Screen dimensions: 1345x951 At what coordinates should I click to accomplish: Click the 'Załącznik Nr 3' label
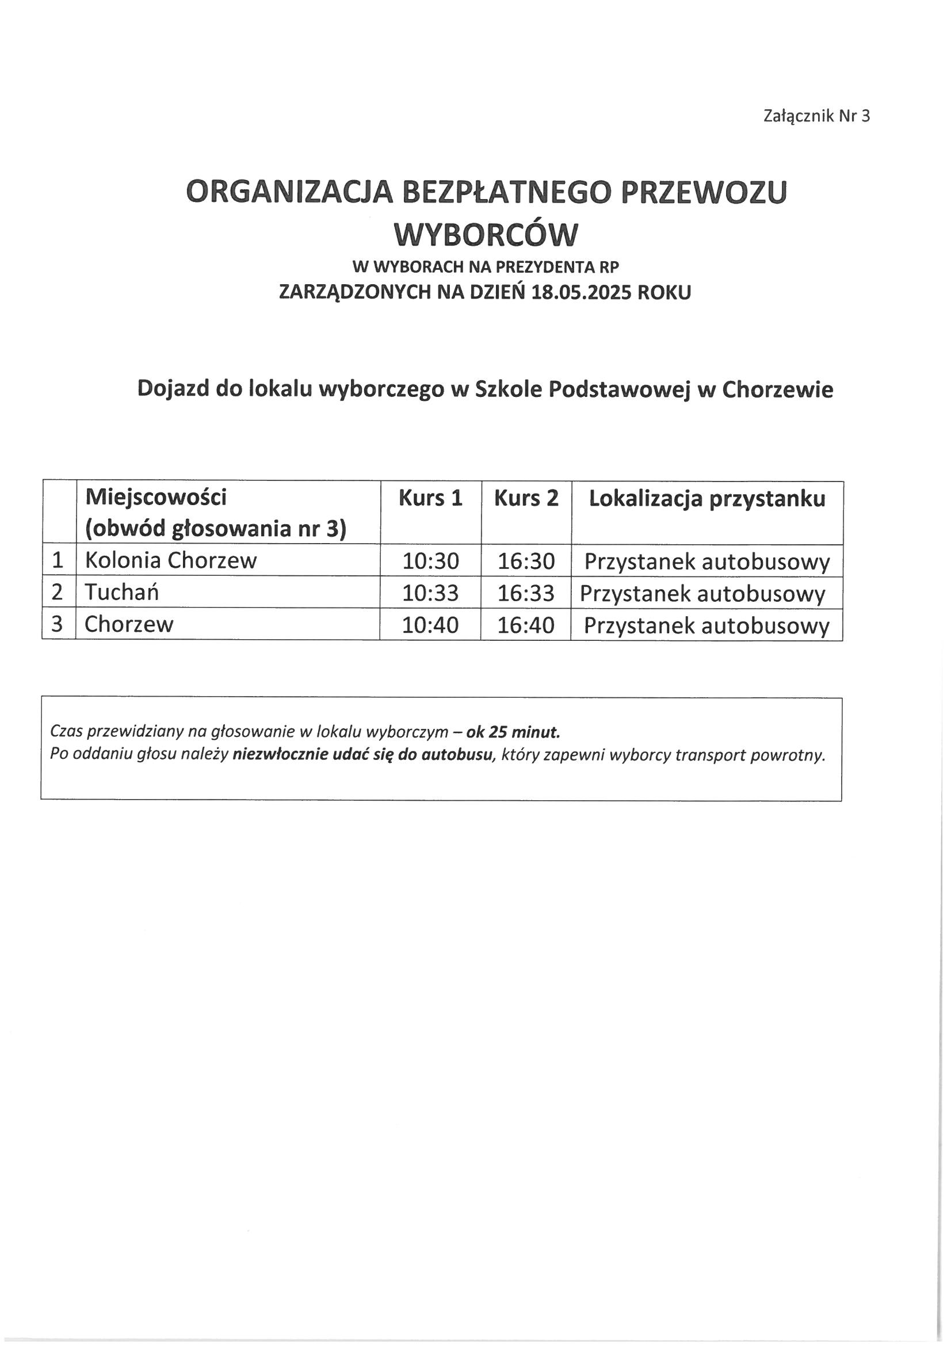coord(816,116)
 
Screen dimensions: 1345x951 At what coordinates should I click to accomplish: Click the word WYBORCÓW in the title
coord(486,235)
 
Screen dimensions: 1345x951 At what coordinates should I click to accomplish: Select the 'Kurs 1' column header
coord(430,498)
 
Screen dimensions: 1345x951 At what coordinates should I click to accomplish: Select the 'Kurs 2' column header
coord(526,498)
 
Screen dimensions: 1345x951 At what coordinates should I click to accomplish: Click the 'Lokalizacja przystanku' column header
coord(706,498)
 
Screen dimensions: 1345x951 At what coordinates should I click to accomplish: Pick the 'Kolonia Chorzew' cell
coord(170,561)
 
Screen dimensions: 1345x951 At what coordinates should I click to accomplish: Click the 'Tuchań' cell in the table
coord(121,592)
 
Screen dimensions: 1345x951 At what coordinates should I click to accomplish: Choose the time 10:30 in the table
coord(430,561)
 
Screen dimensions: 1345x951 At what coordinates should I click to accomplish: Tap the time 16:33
coord(526,594)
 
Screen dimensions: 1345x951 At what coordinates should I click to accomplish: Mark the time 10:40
coord(430,625)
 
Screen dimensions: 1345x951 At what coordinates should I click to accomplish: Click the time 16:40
coord(526,625)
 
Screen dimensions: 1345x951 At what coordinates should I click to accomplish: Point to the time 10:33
coord(430,594)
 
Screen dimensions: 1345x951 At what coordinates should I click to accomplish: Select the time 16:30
coord(526,561)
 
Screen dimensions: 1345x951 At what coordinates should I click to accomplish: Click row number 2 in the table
coord(58,592)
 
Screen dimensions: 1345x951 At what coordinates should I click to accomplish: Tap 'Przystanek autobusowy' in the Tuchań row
coord(702,594)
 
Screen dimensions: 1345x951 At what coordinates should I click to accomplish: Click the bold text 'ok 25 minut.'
coord(513,732)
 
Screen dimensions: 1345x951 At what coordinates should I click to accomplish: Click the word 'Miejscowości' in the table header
coord(155,498)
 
